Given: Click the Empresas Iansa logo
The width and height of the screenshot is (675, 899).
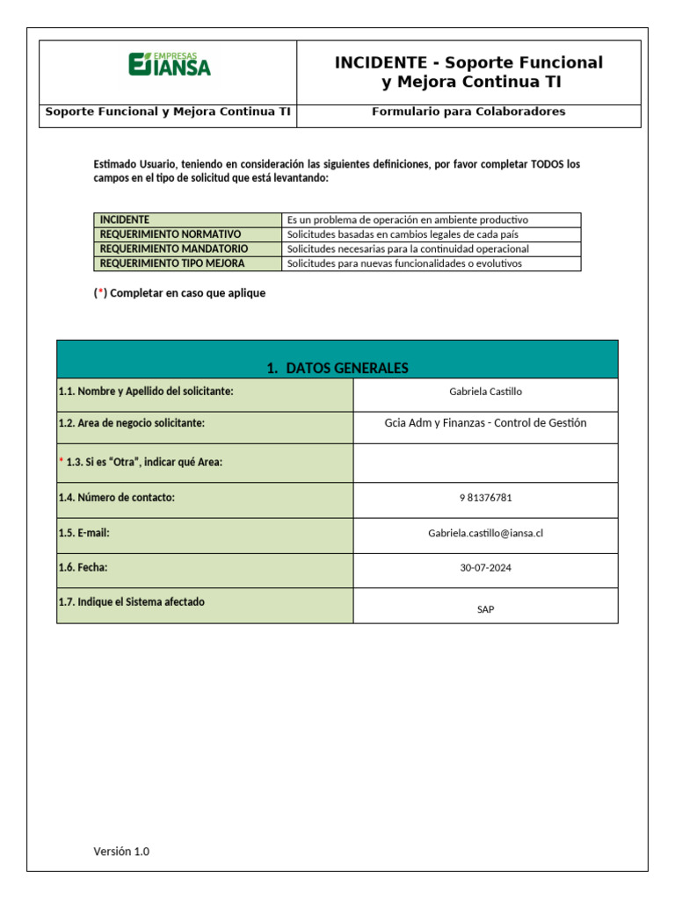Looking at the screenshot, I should tap(170, 64).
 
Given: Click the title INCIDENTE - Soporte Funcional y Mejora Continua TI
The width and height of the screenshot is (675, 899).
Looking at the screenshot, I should tap(468, 72).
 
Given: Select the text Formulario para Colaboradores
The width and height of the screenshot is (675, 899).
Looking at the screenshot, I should tap(468, 111).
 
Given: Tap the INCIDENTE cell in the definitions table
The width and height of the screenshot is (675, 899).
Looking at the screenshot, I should tap(125, 219).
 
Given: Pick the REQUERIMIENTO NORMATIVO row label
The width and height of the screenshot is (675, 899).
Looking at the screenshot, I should tap(171, 234).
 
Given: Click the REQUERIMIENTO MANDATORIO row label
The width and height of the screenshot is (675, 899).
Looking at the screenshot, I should tap(174, 248).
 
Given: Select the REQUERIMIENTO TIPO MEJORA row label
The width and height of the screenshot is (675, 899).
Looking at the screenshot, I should tap(172, 263).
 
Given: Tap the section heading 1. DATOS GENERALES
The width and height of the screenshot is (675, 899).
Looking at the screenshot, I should tap(337, 368).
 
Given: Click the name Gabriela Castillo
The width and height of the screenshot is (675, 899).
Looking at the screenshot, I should tap(485, 392).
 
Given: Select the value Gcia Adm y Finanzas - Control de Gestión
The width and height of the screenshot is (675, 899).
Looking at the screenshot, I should tap(485, 423).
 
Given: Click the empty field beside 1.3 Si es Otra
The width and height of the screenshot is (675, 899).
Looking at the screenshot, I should tap(485, 463).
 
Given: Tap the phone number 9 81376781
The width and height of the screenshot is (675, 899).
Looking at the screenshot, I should tap(485, 498).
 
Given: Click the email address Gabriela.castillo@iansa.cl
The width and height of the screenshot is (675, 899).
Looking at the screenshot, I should tap(485, 533).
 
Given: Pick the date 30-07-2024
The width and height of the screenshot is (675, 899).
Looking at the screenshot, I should tap(485, 568).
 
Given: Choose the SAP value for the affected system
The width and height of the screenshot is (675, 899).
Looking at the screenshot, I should tap(485, 609).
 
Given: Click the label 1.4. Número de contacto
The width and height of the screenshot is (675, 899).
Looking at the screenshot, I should tap(117, 498).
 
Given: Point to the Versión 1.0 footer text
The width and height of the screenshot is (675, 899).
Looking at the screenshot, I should tap(121, 851).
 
